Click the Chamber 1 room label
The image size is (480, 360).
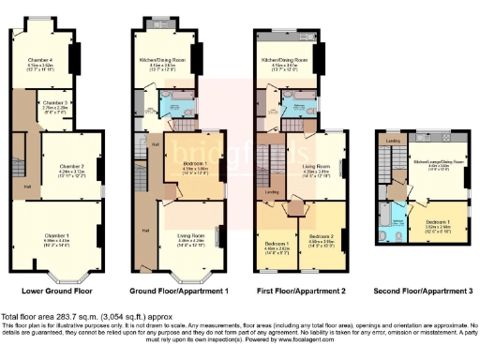(57, 214)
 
